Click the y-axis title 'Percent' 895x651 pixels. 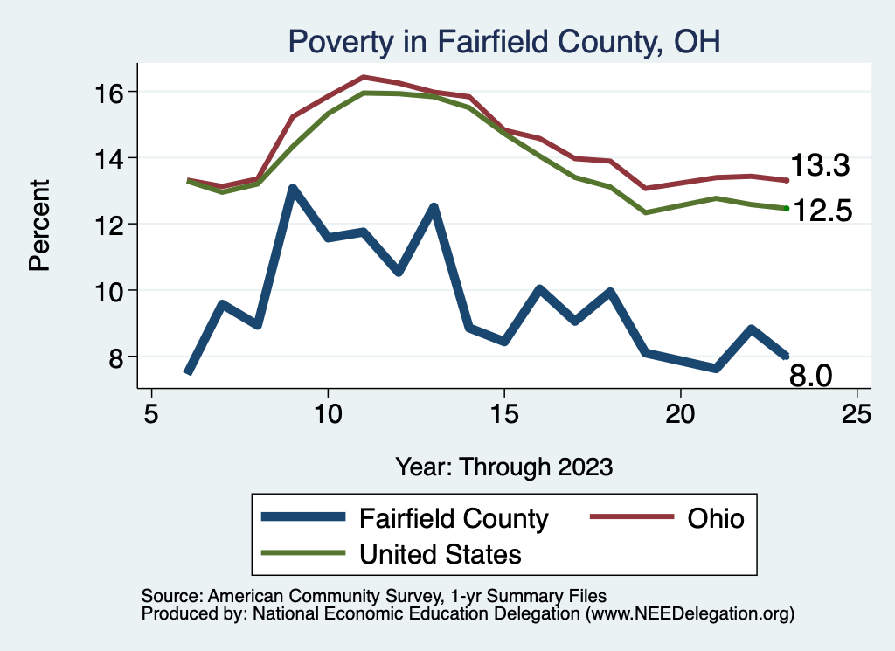click(x=40, y=225)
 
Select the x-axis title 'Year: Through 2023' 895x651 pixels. click(x=503, y=466)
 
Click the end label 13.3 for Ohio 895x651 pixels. click(x=820, y=166)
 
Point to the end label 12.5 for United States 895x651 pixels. click(x=820, y=211)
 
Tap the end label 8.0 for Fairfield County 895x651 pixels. click(x=811, y=376)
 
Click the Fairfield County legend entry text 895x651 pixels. click(x=454, y=518)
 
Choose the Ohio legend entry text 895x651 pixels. click(x=714, y=518)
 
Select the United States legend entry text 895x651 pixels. click(x=441, y=553)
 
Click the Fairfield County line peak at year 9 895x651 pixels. click(x=293, y=188)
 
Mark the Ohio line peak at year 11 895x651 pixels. click(x=364, y=77)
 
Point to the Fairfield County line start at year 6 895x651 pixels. click(x=187, y=372)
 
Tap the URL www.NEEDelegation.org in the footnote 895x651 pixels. click(x=690, y=613)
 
